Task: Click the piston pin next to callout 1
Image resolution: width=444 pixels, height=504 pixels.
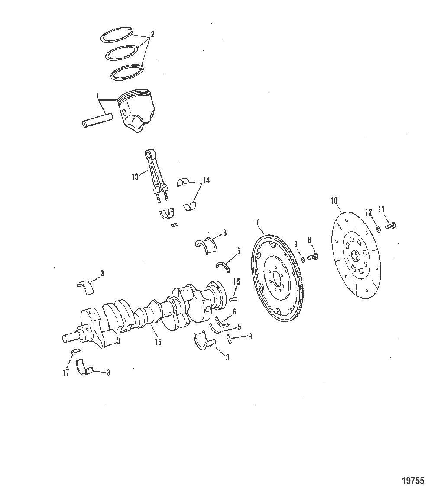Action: (97, 119)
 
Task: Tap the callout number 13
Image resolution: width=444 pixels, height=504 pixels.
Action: (135, 177)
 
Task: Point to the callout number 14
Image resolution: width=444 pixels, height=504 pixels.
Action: (206, 180)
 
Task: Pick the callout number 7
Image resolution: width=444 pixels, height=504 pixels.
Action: (257, 222)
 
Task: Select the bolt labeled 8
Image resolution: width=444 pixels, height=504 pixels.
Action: (312, 257)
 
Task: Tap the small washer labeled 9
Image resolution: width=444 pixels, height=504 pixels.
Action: (302, 259)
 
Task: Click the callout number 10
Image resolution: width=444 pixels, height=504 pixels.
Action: (334, 201)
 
